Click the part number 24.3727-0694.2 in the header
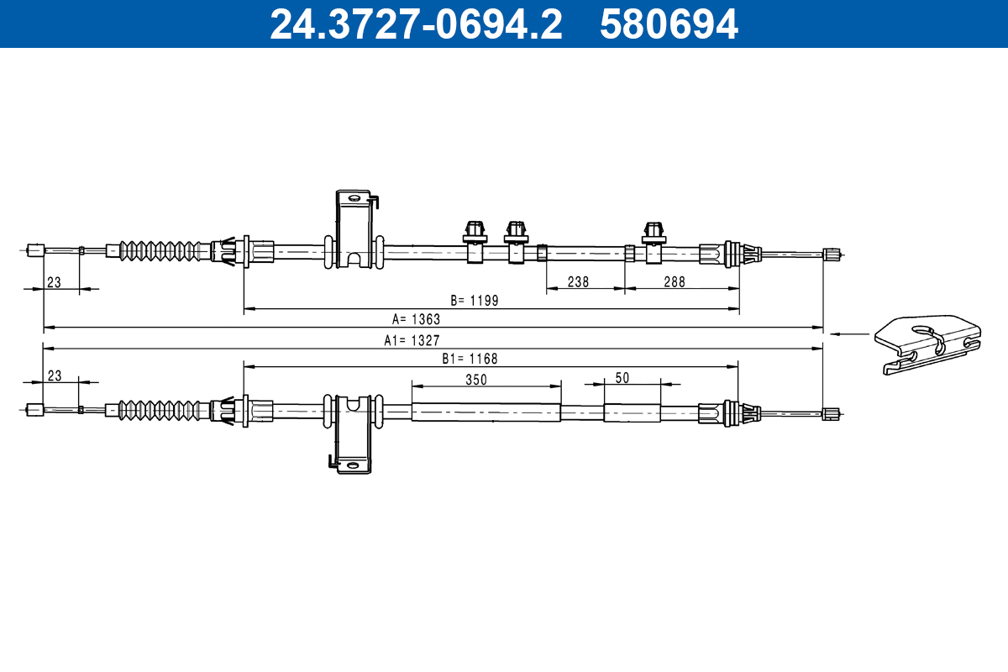coord(416,24)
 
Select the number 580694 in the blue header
coord(669,24)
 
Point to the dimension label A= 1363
coord(416,319)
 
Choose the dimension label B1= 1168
coord(470,358)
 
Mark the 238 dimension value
coord(578,282)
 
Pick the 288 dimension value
coord(674,282)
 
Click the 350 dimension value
coord(476,379)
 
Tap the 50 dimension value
coord(622,378)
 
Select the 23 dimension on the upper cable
coord(54,283)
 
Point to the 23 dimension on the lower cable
coord(54,376)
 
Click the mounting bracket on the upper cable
coord(354,229)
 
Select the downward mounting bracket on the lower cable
coord(354,433)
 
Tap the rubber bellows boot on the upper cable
coord(164,250)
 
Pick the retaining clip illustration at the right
coord(928,344)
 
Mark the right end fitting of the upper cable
coord(832,255)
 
